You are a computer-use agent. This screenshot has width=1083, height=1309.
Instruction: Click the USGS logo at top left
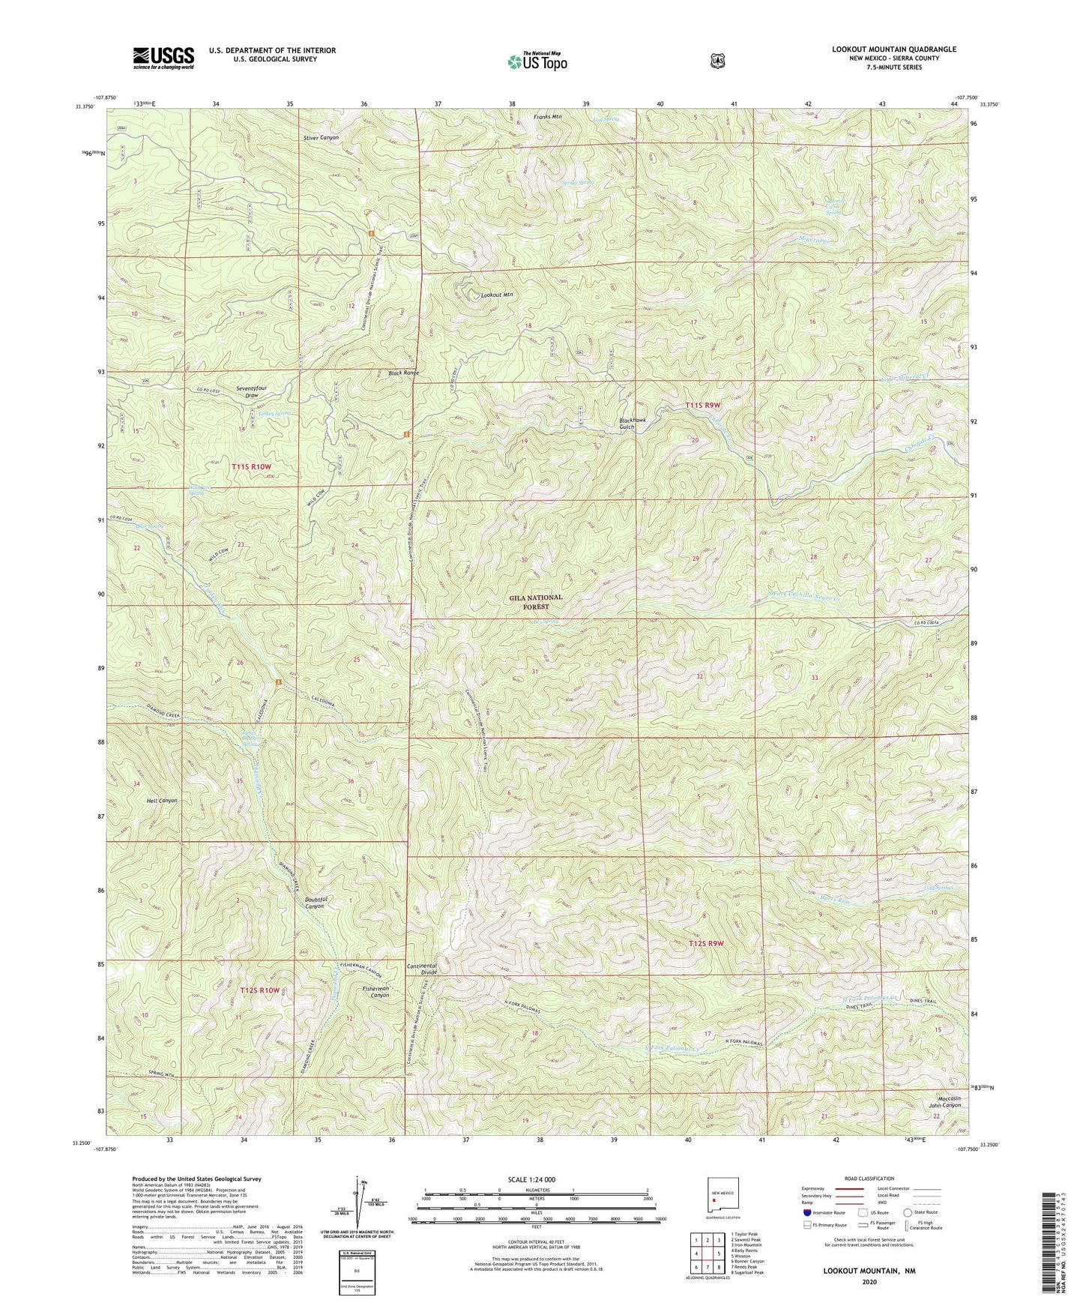tap(163, 58)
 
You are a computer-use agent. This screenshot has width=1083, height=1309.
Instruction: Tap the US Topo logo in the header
tap(536, 61)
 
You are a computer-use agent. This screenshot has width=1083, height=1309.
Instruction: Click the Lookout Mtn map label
tap(497, 295)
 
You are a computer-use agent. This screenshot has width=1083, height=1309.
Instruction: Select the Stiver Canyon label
tap(321, 137)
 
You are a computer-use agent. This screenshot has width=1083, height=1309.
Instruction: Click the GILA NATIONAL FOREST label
tap(536, 602)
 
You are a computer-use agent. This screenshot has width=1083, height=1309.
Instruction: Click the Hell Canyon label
tap(162, 801)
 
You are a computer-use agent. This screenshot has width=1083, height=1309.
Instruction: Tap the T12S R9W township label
tap(705, 943)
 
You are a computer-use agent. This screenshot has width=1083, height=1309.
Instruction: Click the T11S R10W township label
tap(250, 466)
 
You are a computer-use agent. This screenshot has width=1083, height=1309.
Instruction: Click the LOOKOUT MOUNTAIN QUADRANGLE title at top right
tap(893, 49)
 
